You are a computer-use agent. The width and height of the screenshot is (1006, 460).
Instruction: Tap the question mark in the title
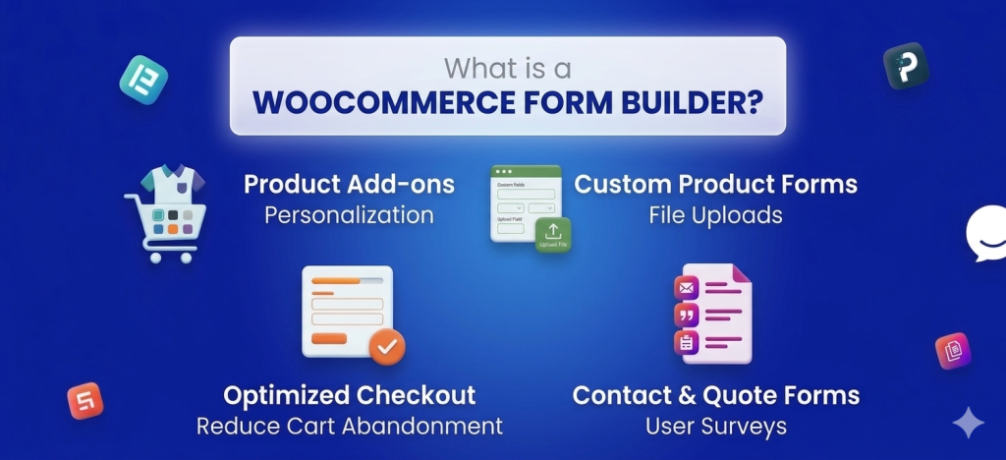click(x=753, y=102)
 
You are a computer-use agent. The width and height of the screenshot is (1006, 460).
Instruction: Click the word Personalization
click(x=349, y=214)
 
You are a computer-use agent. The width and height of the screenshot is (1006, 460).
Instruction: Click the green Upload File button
click(x=553, y=236)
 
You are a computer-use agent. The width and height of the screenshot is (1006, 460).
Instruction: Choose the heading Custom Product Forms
click(x=715, y=184)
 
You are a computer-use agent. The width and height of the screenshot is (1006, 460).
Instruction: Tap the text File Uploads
click(x=715, y=214)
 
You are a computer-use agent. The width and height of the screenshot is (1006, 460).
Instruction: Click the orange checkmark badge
click(x=387, y=346)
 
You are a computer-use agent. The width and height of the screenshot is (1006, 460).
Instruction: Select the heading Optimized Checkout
click(x=350, y=395)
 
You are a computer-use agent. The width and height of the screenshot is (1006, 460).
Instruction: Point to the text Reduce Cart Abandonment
click(x=350, y=426)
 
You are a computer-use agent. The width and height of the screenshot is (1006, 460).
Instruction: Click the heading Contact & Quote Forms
click(x=715, y=395)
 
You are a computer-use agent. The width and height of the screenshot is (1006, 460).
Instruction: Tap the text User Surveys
click(x=715, y=426)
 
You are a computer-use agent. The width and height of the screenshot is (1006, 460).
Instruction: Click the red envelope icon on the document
click(x=686, y=288)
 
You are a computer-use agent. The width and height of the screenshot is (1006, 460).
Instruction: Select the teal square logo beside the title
click(x=143, y=80)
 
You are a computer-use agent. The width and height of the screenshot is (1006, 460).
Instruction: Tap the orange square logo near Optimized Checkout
click(x=85, y=400)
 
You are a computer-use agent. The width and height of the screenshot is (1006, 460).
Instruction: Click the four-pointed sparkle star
click(x=968, y=423)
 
